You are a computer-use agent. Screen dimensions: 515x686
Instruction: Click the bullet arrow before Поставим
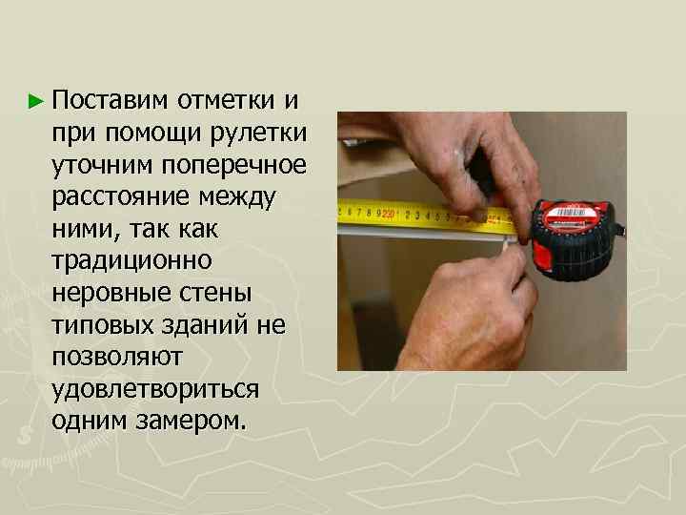(x=36, y=99)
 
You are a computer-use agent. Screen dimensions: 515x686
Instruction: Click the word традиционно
(x=126, y=262)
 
